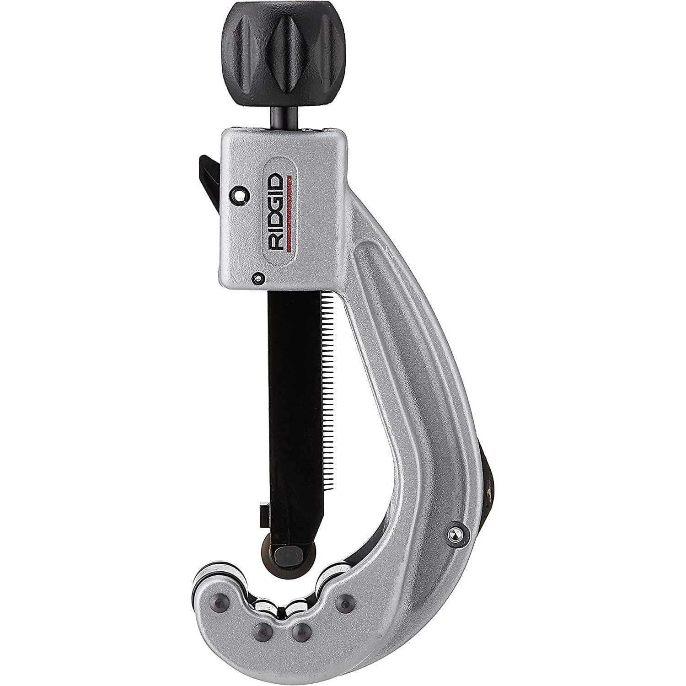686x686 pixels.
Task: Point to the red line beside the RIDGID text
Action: [291, 213]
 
